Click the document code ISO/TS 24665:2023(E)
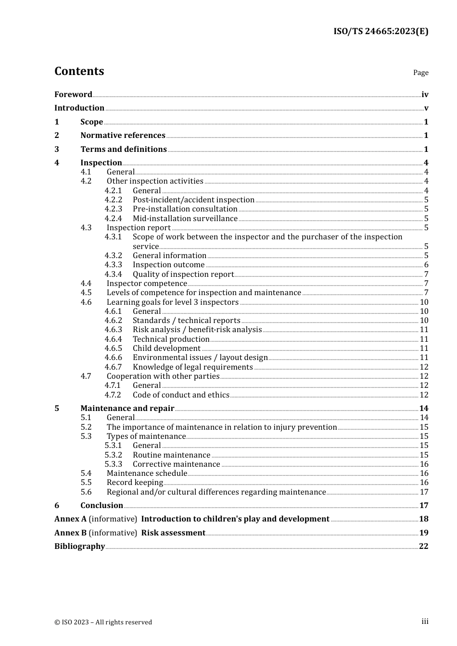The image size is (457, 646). (x=381, y=31)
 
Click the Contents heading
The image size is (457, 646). (x=79, y=71)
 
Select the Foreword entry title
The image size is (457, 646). (x=73, y=94)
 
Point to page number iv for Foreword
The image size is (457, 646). (x=425, y=94)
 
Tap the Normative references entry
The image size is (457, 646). (x=123, y=135)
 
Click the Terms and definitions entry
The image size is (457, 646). (x=124, y=149)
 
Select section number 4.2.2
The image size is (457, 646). (x=114, y=199)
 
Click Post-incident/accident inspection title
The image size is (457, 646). (x=193, y=199)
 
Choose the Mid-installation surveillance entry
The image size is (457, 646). (x=185, y=218)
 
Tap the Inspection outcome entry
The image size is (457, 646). (x=168, y=265)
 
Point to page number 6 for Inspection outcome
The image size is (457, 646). (x=426, y=265)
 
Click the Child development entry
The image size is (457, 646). (x=166, y=348)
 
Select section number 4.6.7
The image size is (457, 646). (x=114, y=367)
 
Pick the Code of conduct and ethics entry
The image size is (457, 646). (x=181, y=395)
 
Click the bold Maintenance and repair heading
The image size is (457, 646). (x=127, y=408)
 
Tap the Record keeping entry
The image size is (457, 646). (x=135, y=482)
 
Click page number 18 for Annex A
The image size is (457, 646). (x=423, y=519)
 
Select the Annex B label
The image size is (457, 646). (x=70, y=533)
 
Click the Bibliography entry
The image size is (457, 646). (x=79, y=546)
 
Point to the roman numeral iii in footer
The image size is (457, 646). (x=425, y=621)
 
